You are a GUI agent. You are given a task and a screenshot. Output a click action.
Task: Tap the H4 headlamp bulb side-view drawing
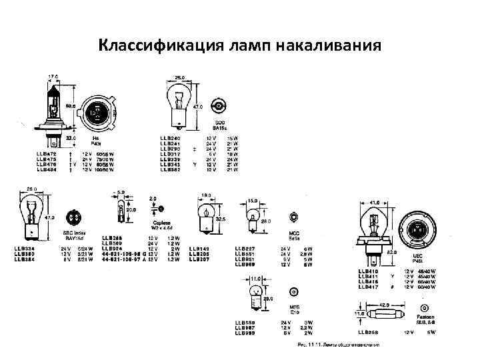point(54,111)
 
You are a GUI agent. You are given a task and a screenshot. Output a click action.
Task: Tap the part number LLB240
point(171,138)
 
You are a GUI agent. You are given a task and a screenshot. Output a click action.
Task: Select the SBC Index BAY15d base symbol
point(73,218)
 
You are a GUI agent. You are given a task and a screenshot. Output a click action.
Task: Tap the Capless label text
point(162,223)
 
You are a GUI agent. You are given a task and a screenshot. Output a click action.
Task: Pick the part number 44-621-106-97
point(123,259)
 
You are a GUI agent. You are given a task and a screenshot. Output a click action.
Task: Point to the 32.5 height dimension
point(221,219)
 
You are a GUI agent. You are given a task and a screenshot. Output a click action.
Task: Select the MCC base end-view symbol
point(294,216)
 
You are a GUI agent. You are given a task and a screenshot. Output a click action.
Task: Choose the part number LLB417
point(368,287)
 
